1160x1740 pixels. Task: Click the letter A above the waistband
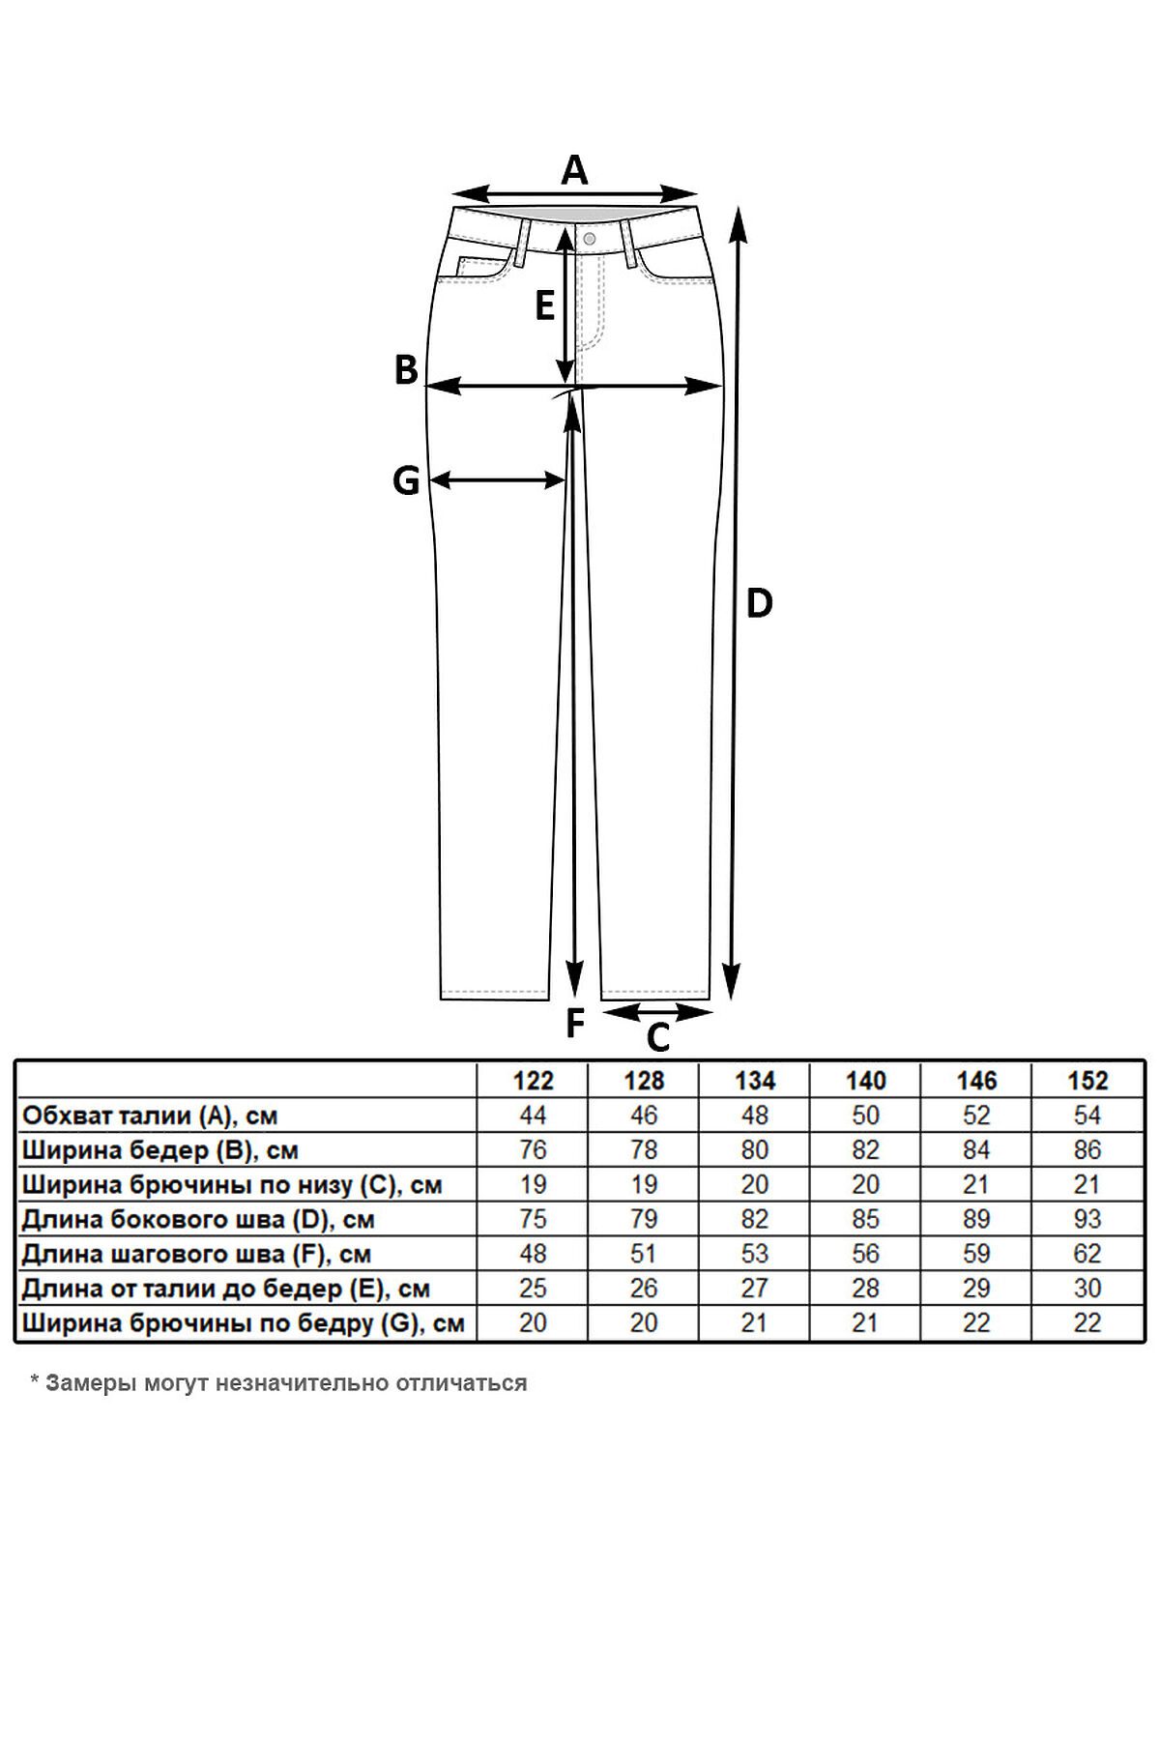pos(575,170)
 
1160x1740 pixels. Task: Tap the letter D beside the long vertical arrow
pos(760,604)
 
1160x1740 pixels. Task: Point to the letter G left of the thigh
pos(406,480)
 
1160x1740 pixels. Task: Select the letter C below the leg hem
pos(657,1038)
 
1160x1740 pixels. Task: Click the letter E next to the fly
pos(545,306)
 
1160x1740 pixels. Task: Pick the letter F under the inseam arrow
pos(575,1023)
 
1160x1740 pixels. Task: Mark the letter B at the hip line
pos(406,370)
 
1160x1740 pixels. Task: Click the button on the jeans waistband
pos(590,237)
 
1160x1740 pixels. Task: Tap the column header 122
pos(534,1081)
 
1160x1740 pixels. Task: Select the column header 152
pos(1087,1081)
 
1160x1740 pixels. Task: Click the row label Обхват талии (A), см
pos(150,1116)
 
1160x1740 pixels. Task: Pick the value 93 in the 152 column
pos(1087,1219)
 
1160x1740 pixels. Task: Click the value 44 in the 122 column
pos(534,1116)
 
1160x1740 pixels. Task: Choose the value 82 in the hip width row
pos(866,1150)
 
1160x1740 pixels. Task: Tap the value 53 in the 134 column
pos(755,1254)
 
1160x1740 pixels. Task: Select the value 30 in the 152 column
pos(1087,1289)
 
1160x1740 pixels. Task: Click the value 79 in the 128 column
pos(644,1219)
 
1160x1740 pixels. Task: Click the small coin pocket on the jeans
pos(484,267)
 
